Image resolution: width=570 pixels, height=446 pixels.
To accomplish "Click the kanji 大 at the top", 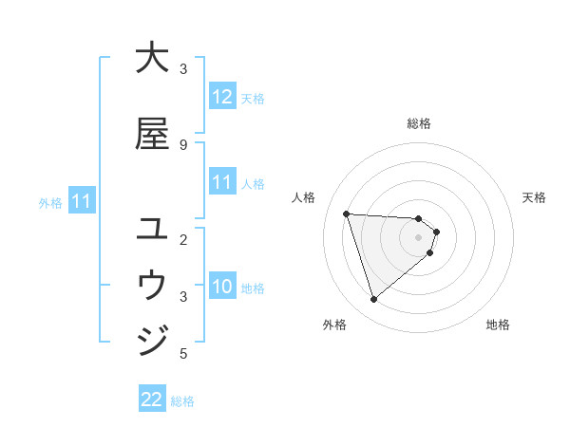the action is click(x=152, y=59).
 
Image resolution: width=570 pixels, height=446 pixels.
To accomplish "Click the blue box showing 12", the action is click(x=222, y=97).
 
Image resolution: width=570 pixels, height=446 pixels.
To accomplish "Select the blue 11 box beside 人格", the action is click(x=222, y=183).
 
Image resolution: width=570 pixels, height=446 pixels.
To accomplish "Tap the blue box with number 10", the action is click(x=222, y=288).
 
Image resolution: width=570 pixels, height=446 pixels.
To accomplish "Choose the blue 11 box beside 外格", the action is click(x=82, y=201).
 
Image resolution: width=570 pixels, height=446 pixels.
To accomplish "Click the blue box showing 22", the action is click(x=152, y=400).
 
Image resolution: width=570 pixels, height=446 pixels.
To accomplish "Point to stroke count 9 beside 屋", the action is click(x=183, y=144).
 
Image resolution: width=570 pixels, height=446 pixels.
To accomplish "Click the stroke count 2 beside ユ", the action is click(x=183, y=239).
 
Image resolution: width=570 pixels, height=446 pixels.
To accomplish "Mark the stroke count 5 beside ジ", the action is click(x=183, y=354).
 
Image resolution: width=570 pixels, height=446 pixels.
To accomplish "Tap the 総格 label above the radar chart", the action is click(x=419, y=123).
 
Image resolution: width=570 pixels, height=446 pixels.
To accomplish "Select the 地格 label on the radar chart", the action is click(x=498, y=325).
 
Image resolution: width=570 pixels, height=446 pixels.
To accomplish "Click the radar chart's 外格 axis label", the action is click(x=334, y=325).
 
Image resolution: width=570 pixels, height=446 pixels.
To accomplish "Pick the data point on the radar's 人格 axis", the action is click(x=346, y=214).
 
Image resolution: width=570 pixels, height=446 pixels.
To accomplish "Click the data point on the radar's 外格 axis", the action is click(x=373, y=300).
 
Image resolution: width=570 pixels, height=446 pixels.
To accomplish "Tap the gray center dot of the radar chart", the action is click(x=419, y=237).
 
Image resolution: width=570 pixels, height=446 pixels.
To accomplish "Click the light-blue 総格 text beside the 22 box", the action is click(x=182, y=401).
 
